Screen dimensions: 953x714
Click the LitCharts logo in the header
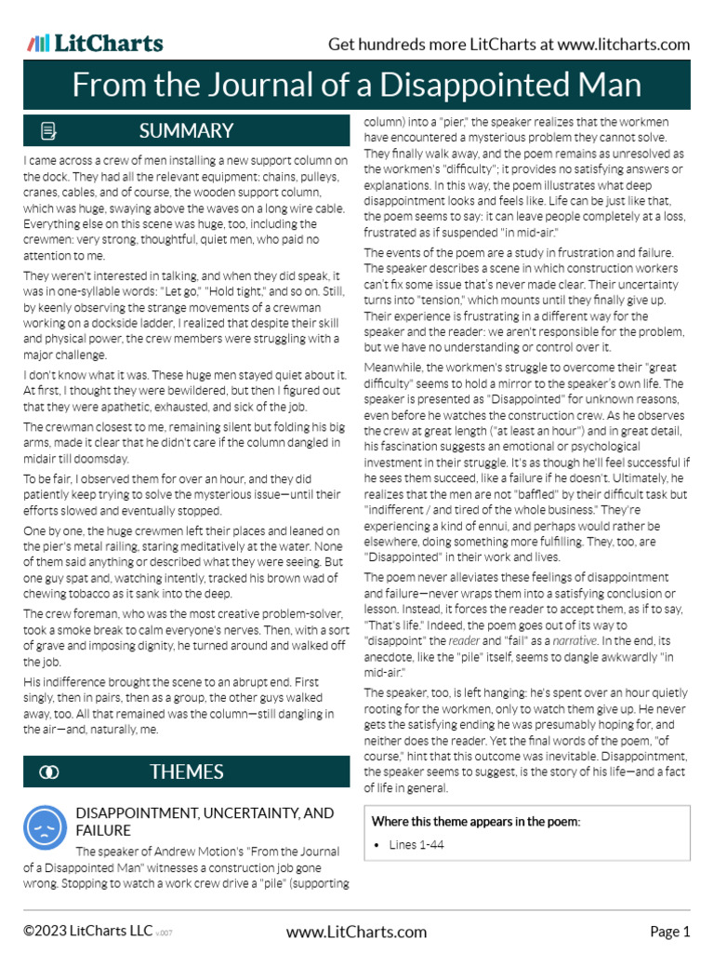[95, 43]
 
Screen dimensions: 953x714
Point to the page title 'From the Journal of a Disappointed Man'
[357, 86]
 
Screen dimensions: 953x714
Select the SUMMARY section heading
[185, 130]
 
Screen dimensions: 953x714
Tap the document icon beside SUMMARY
[49, 130]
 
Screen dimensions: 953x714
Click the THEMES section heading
[186, 772]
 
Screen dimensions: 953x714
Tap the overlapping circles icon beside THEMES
[49, 772]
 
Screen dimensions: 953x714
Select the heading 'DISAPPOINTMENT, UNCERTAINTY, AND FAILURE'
[204, 821]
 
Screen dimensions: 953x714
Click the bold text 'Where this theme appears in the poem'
[475, 821]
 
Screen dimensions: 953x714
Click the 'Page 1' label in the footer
[669, 932]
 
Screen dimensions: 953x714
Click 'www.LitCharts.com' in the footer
[357, 932]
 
